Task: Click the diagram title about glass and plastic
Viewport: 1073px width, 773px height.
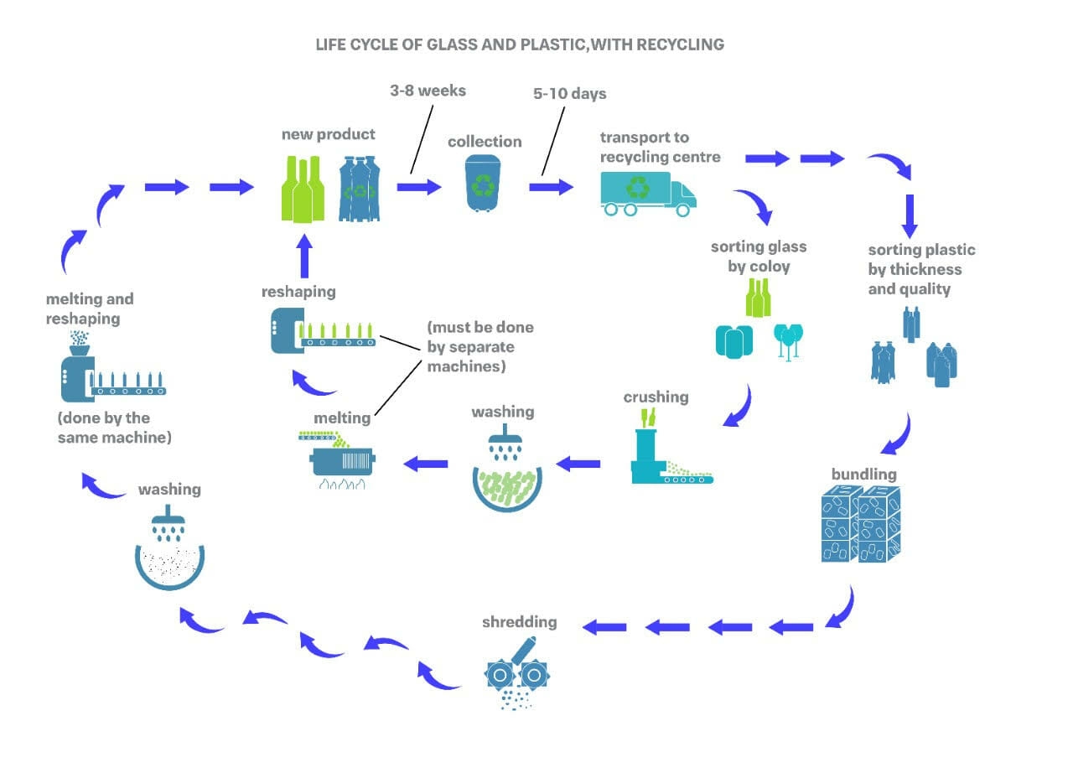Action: [520, 44]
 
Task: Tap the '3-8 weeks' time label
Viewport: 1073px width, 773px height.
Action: [428, 91]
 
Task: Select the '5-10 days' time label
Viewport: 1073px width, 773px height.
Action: [569, 93]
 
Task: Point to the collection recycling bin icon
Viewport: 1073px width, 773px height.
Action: [485, 185]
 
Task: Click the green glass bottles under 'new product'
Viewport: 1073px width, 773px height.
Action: [303, 189]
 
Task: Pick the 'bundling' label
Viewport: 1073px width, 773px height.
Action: [863, 474]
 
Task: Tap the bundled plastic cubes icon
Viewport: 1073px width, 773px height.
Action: [861, 525]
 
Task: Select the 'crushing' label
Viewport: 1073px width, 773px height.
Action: [656, 396]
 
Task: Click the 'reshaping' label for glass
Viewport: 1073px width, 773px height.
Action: [298, 291]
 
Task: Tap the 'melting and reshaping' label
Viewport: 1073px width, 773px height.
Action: [90, 309]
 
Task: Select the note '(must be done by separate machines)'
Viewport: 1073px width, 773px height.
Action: [480, 346]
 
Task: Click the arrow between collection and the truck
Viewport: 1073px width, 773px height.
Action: [551, 186]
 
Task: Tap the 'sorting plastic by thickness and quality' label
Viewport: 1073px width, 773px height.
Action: [920, 269]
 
